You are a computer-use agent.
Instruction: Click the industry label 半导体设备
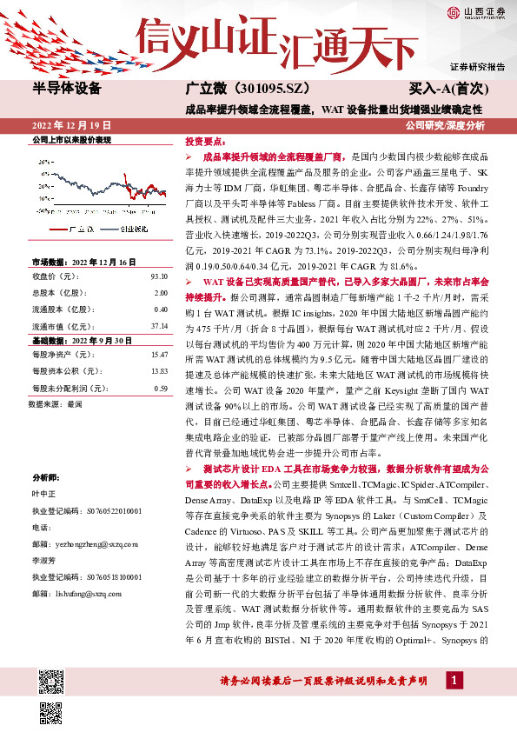67,89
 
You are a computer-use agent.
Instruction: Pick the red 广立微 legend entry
76,228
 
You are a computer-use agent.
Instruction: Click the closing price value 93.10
158,276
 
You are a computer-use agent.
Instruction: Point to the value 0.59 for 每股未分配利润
160,388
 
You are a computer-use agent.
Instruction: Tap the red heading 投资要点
205,140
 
